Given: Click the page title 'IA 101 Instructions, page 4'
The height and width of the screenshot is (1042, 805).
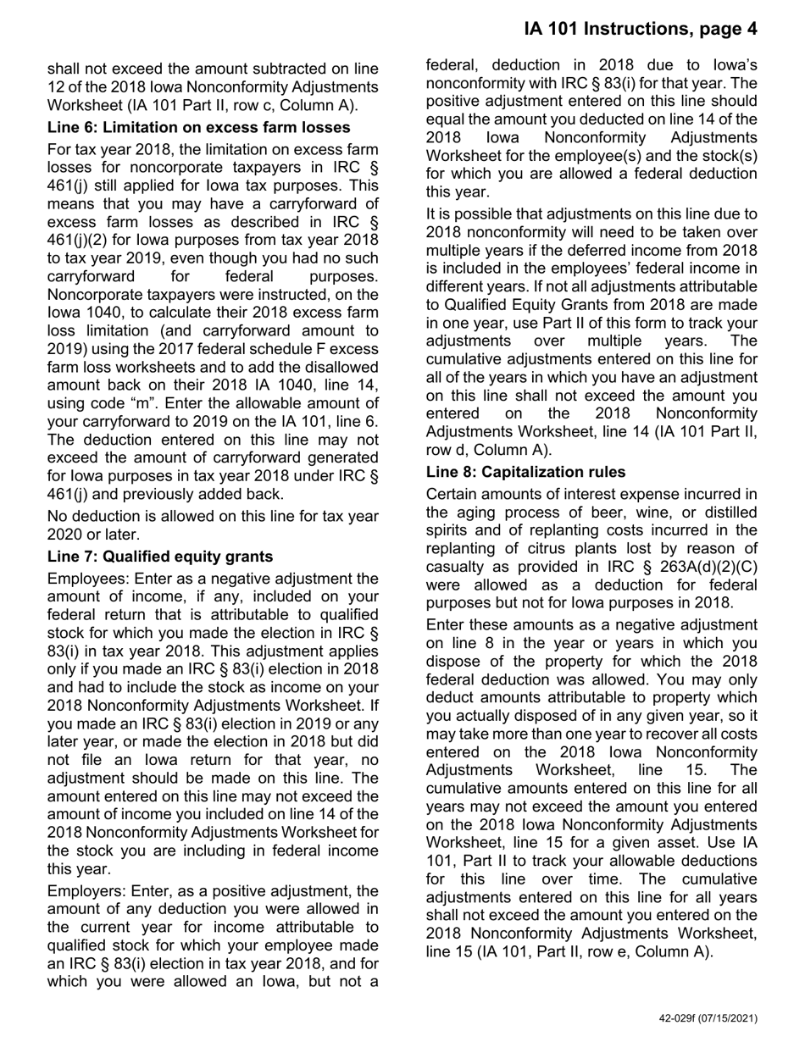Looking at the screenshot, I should pyautogui.click(x=640, y=29).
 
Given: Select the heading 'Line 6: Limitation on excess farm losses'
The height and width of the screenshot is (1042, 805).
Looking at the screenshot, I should pyautogui.click(x=199, y=128).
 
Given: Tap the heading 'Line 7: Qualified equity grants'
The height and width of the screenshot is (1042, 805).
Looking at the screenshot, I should pyautogui.click(x=160, y=557).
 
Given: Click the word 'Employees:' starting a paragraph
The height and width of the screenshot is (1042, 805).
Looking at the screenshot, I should pyautogui.click(x=84, y=579).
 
